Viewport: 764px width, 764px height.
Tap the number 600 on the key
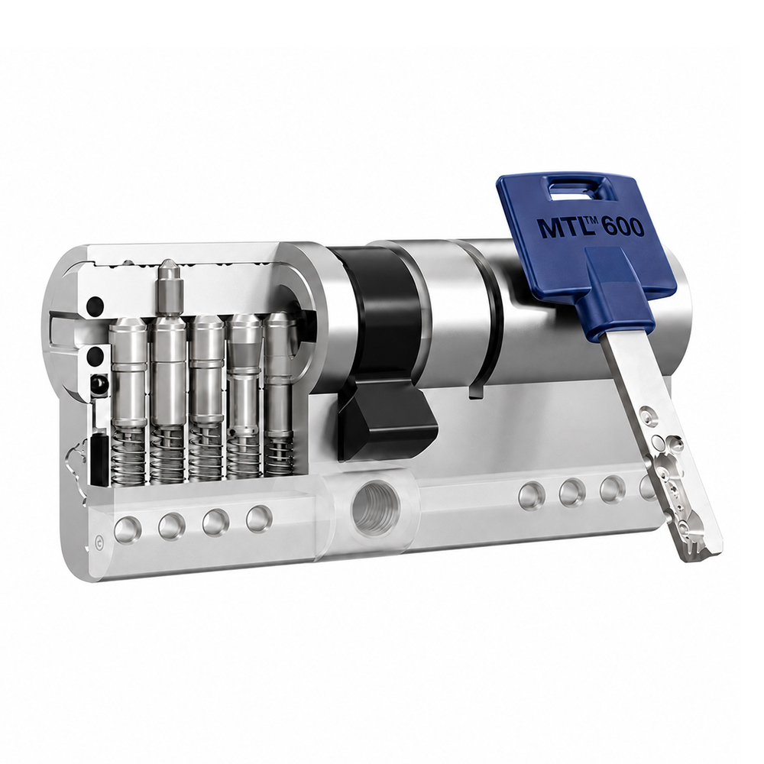(x=621, y=228)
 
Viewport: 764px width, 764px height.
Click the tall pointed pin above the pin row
(x=169, y=286)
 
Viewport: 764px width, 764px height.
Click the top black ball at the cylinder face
(x=95, y=306)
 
